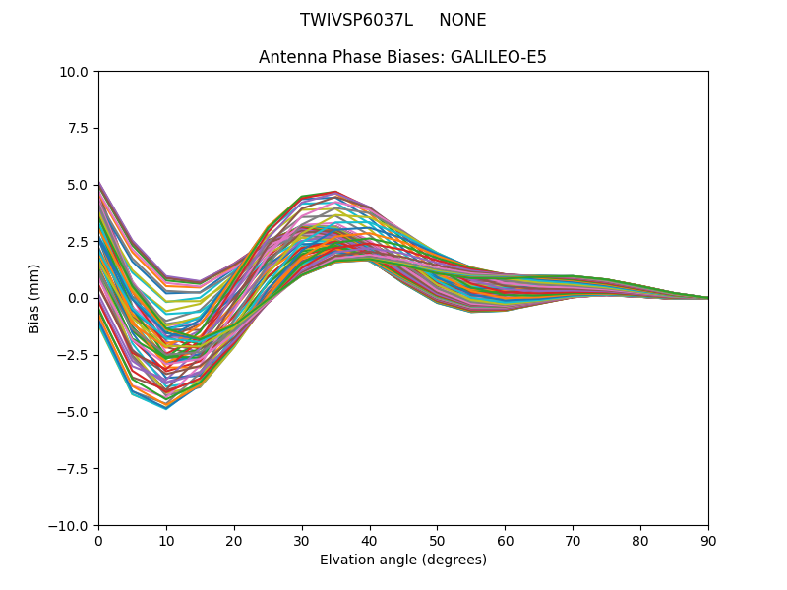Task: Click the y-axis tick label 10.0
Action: (75, 72)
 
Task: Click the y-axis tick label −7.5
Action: (75, 469)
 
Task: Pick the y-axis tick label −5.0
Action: (75, 412)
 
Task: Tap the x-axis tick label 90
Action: (708, 540)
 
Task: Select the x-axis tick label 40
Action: (370, 540)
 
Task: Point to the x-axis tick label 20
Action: (234, 540)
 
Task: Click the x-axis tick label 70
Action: (573, 540)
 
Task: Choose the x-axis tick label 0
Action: (98, 540)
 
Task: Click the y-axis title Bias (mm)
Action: (35, 298)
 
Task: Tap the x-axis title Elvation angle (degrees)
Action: (403, 560)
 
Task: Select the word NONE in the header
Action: (462, 20)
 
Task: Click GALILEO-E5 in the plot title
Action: (498, 57)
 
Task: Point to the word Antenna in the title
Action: (290, 57)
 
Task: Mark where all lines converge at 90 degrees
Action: (707, 298)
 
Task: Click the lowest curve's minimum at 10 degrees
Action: (166, 408)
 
